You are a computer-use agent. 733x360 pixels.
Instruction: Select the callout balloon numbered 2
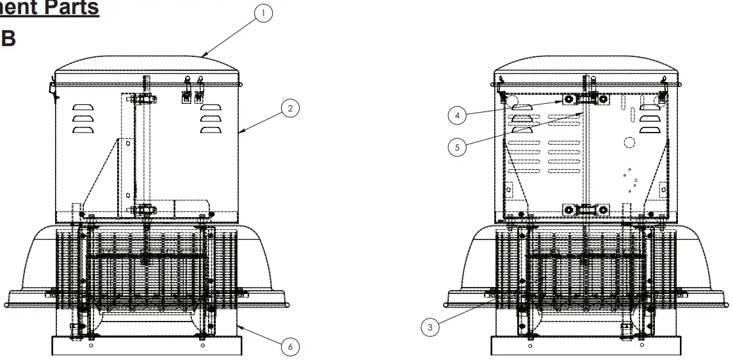pyautogui.click(x=290, y=110)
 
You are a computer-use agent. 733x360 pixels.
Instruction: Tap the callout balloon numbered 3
pyautogui.click(x=430, y=327)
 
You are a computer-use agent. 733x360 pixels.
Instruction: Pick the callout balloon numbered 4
pyautogui.click(x=456, y=115)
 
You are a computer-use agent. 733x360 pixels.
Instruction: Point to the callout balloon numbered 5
pyautogui.click(x=456, y=146)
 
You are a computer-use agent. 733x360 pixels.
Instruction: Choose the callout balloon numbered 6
pyautogui.click(x=290, y=347)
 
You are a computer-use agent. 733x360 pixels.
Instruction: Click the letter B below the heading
pyautogui.click(x=8, y=38)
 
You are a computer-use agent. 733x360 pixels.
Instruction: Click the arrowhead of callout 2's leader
pyautogui.click(x=239, y=133)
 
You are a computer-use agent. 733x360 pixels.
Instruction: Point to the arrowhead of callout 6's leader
pyautogui.click(x=239, y=326)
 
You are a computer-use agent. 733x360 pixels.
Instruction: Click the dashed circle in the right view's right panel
pyautogui.click(x=629, y=142)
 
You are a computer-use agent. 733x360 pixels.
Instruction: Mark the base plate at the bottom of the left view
pyautogui.click(x=147, y=347)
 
